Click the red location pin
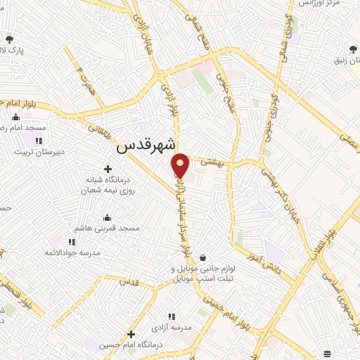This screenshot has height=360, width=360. coord(181,165)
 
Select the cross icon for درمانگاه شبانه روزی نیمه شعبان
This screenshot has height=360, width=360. coord(108,169)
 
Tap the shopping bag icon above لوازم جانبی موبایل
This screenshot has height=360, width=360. coord(203,257)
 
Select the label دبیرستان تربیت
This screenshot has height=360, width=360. coord(39,150)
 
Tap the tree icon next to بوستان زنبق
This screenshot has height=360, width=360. coord(352,49)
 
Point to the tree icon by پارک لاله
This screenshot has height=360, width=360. coord(10,39)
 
